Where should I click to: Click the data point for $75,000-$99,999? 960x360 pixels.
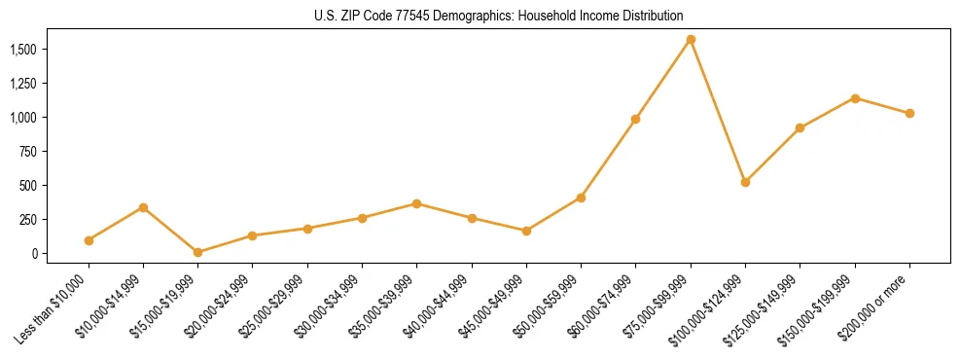[x=691, y=40]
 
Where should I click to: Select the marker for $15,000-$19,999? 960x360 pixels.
[x=197, y=252]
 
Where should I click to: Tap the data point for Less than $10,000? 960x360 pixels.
[x=89, y=240]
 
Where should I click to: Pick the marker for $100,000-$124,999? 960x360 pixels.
[x=745, y=182]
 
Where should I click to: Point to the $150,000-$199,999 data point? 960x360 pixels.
[x=855, y=98]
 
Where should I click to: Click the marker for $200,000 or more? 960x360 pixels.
[x=909, y=114]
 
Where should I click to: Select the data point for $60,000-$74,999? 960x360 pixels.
[x=635, y=119]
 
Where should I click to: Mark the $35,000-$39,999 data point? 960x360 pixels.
[x=416, y=203]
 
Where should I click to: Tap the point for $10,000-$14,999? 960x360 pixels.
[x=143, y=207]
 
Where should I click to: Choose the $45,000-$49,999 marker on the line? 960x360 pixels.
[x=526, y=231]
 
